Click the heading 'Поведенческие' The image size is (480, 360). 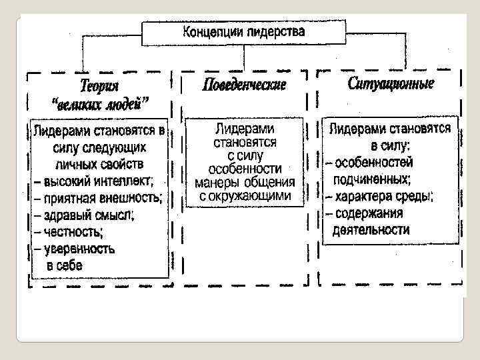tap(243, 85)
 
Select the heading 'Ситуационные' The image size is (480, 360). tap(391, 84)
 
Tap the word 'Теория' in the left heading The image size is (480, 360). tap(99, 86)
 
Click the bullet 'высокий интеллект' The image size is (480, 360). tap(97, 180)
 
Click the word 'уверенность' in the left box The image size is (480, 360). tap(79, 249)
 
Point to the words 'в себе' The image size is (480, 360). tap(64, 266)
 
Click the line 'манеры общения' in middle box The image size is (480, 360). tap(245, 182)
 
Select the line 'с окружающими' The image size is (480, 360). tap(245, 196)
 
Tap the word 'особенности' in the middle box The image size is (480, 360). tap(245, 168)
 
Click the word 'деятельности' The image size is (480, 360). tap(371, 230)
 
